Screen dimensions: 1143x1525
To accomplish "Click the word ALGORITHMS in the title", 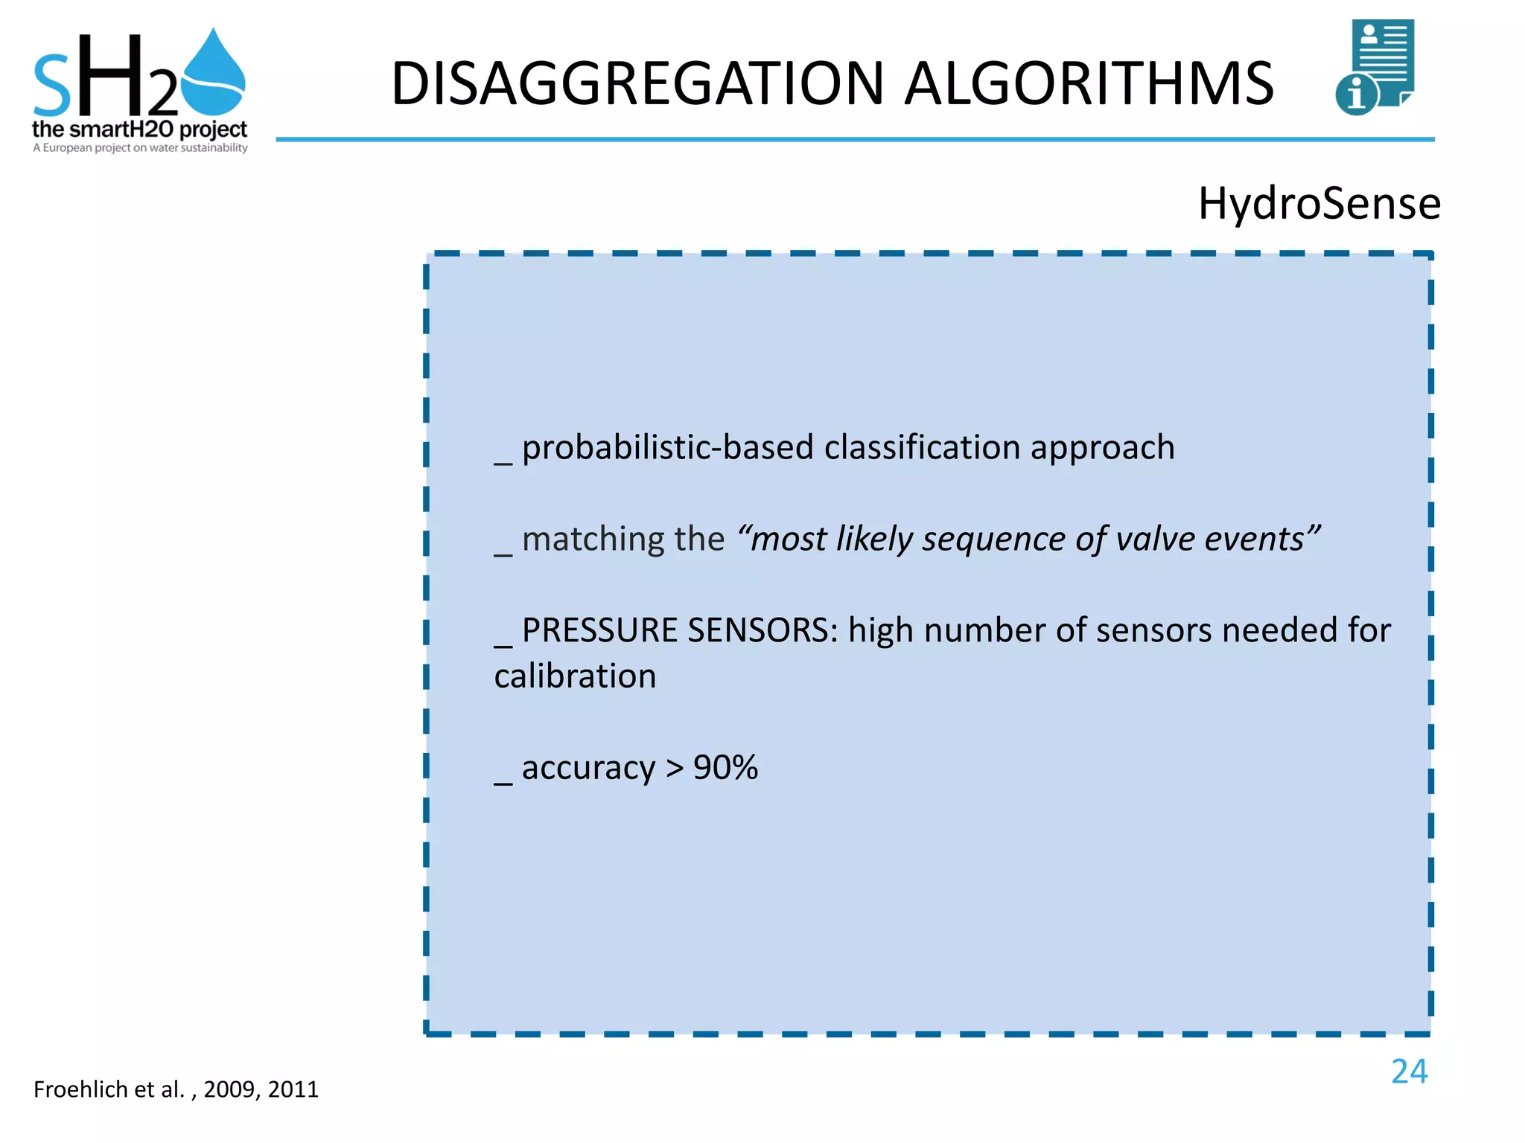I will pyautogui.click(x=1089, y=83).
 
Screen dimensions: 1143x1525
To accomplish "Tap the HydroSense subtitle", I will pyautogui.click(x=1319, y=203).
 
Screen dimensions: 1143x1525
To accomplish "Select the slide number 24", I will pyautogui.click(x=1409, y=1072).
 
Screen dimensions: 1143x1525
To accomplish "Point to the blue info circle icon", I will pyautogui.click(x=1356, y=95).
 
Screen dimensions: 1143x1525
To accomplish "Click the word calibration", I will pyautogui.click(x=575, y=676).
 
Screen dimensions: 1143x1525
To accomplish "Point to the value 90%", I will pyautogui.click(x=725, y=767).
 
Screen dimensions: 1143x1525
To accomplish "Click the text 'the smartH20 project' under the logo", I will pyautogui.click(x=139, y=129).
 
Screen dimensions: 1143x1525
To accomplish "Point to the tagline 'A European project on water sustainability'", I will pyautogui.click(x=140, y=148).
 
